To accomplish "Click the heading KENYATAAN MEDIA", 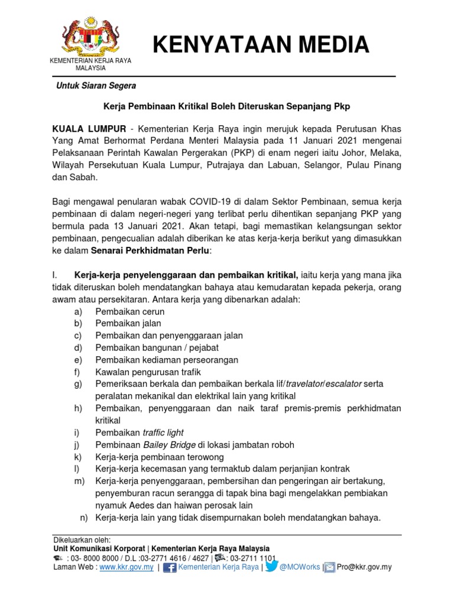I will click(260, 44).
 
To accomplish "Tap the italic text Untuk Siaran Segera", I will click(96, 86).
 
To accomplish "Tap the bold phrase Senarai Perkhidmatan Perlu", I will click(150, 251).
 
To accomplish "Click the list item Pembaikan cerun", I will click(130, 311).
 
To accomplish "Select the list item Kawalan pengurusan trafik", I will click(148, 372).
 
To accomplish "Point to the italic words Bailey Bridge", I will click(169, 444).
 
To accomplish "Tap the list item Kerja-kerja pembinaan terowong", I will click(160, 457).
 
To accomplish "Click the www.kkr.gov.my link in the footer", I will click(127, 567).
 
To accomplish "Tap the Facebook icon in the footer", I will click(170, 568).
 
